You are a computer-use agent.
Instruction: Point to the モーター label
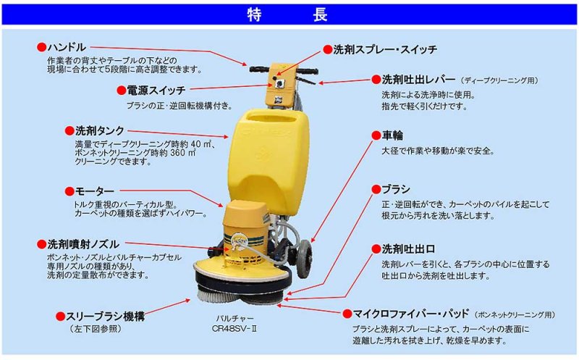(95, 191)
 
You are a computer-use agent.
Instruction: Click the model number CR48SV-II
(237, 328)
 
